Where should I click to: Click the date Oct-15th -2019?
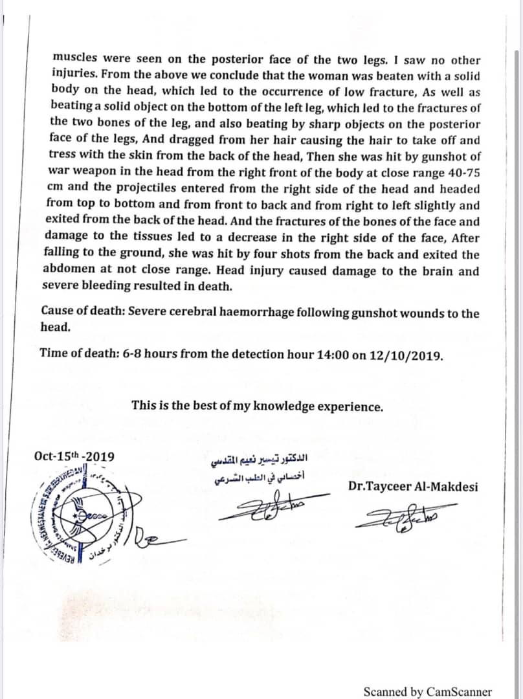click(x=74, y=456)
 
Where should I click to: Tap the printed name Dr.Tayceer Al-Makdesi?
click(x=413, y=486)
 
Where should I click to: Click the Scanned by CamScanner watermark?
click(x=427, y=691)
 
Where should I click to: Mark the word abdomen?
click(x=69, y=271)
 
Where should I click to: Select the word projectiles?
click(x=144, y=189)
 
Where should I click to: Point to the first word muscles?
click(x=72, y=60)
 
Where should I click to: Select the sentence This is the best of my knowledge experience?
click(x=257, y=406)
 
